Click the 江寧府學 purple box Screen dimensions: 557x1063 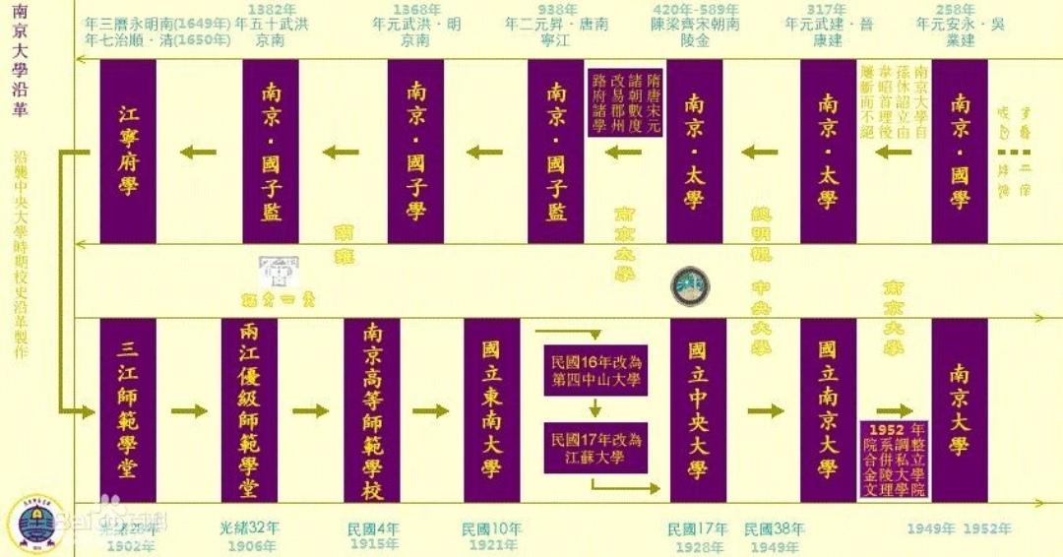128,151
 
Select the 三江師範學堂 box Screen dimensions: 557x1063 128,409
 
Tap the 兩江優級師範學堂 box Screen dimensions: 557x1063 249,409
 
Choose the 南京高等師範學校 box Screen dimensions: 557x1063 372,409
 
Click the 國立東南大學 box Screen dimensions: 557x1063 491,409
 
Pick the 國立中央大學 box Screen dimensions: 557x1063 697,409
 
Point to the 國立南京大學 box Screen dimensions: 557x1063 828,409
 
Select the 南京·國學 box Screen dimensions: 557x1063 960,151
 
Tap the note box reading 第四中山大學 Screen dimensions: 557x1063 595,369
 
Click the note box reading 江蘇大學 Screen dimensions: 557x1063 595,447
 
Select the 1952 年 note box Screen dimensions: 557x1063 894,460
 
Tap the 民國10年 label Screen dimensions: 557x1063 491,529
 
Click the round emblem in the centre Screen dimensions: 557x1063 690,285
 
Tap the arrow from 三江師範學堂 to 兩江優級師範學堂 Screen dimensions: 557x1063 190,410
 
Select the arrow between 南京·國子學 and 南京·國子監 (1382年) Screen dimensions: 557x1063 344,152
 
